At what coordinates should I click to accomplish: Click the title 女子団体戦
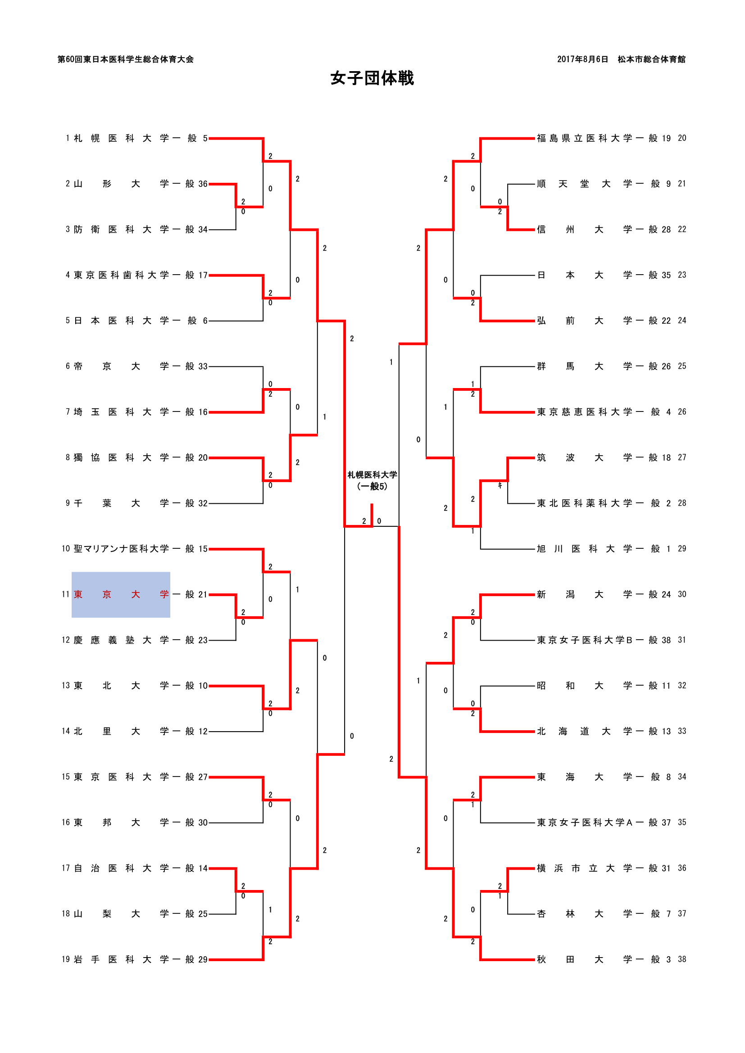[x=372, y=78]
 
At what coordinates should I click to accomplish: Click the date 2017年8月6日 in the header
[x=582, y=59]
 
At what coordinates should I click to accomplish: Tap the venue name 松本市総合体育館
[x=651, y=59]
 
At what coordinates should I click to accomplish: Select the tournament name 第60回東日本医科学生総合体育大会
[x=125, y=59]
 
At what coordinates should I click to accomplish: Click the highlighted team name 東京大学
[x=121, y=594]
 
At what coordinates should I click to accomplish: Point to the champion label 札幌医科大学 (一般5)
[x=372, y=481]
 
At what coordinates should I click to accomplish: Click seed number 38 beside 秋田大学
[x=681, y=959]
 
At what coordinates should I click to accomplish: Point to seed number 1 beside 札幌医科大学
[x=68, y=138]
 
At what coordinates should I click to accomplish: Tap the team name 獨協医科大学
[x=122, y=458]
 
